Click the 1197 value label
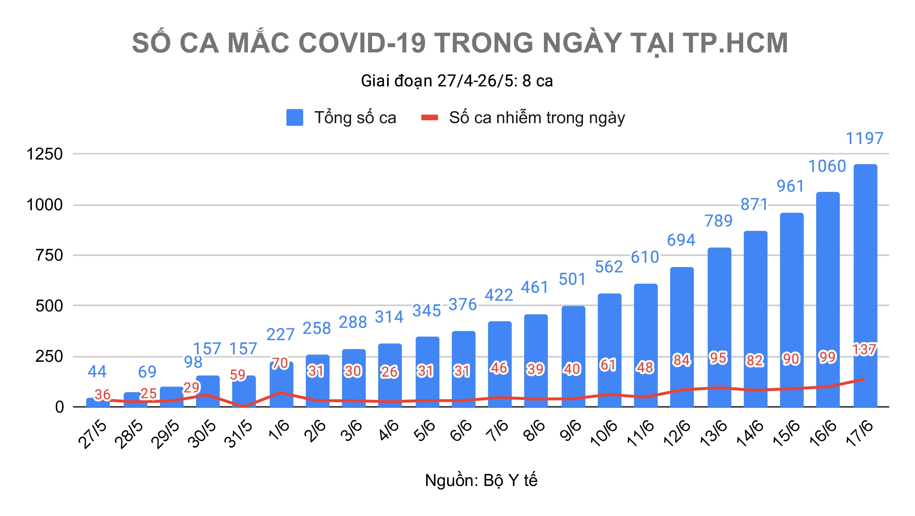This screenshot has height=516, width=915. point(864,139)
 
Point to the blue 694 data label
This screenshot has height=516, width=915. point(681,240)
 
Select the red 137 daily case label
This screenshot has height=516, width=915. point(864,349)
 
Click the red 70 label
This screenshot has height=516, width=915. point(280,363)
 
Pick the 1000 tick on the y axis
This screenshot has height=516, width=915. point(44,205)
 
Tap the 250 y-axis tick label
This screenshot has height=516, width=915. point(49,356)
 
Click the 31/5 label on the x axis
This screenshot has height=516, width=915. point(239,434)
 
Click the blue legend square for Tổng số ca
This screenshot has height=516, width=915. point(294,117)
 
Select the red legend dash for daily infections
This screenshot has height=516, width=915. point(429,117)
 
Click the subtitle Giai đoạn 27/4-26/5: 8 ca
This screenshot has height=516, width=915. point(457,81)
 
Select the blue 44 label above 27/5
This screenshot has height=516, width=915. point(97,372)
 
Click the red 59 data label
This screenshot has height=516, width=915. point(238,375)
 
